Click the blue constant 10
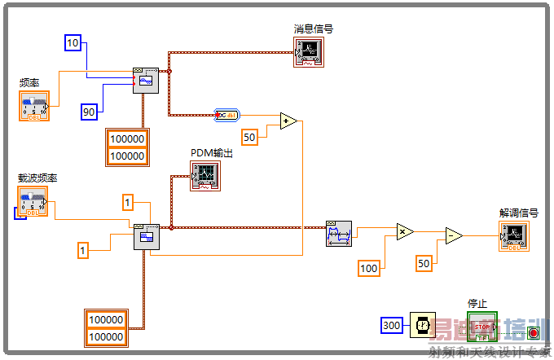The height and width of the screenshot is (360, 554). tap(73, 42)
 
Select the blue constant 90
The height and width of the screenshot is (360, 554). tap(90, 112)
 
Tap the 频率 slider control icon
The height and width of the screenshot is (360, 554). tap(33, 106)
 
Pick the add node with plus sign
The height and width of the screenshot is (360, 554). tap(288, 121)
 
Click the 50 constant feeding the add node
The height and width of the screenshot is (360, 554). tap(249, 137)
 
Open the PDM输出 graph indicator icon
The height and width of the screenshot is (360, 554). tap(204, 175)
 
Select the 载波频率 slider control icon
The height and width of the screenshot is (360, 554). tap(33, 201)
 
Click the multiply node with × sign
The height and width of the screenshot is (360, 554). tap(405, 232)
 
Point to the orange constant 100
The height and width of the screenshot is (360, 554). tap(370, 268)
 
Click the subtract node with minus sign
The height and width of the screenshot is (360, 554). tap(453, 236)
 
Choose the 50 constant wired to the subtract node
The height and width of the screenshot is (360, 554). tap(424, 263)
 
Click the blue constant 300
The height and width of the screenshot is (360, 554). tap(392, 326)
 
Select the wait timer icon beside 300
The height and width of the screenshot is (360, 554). tap(422, 325)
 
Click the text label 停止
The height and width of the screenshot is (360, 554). tap(477, 304)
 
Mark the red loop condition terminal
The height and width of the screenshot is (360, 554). tap(533, 332)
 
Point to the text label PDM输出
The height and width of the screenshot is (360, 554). tap(212, 152)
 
